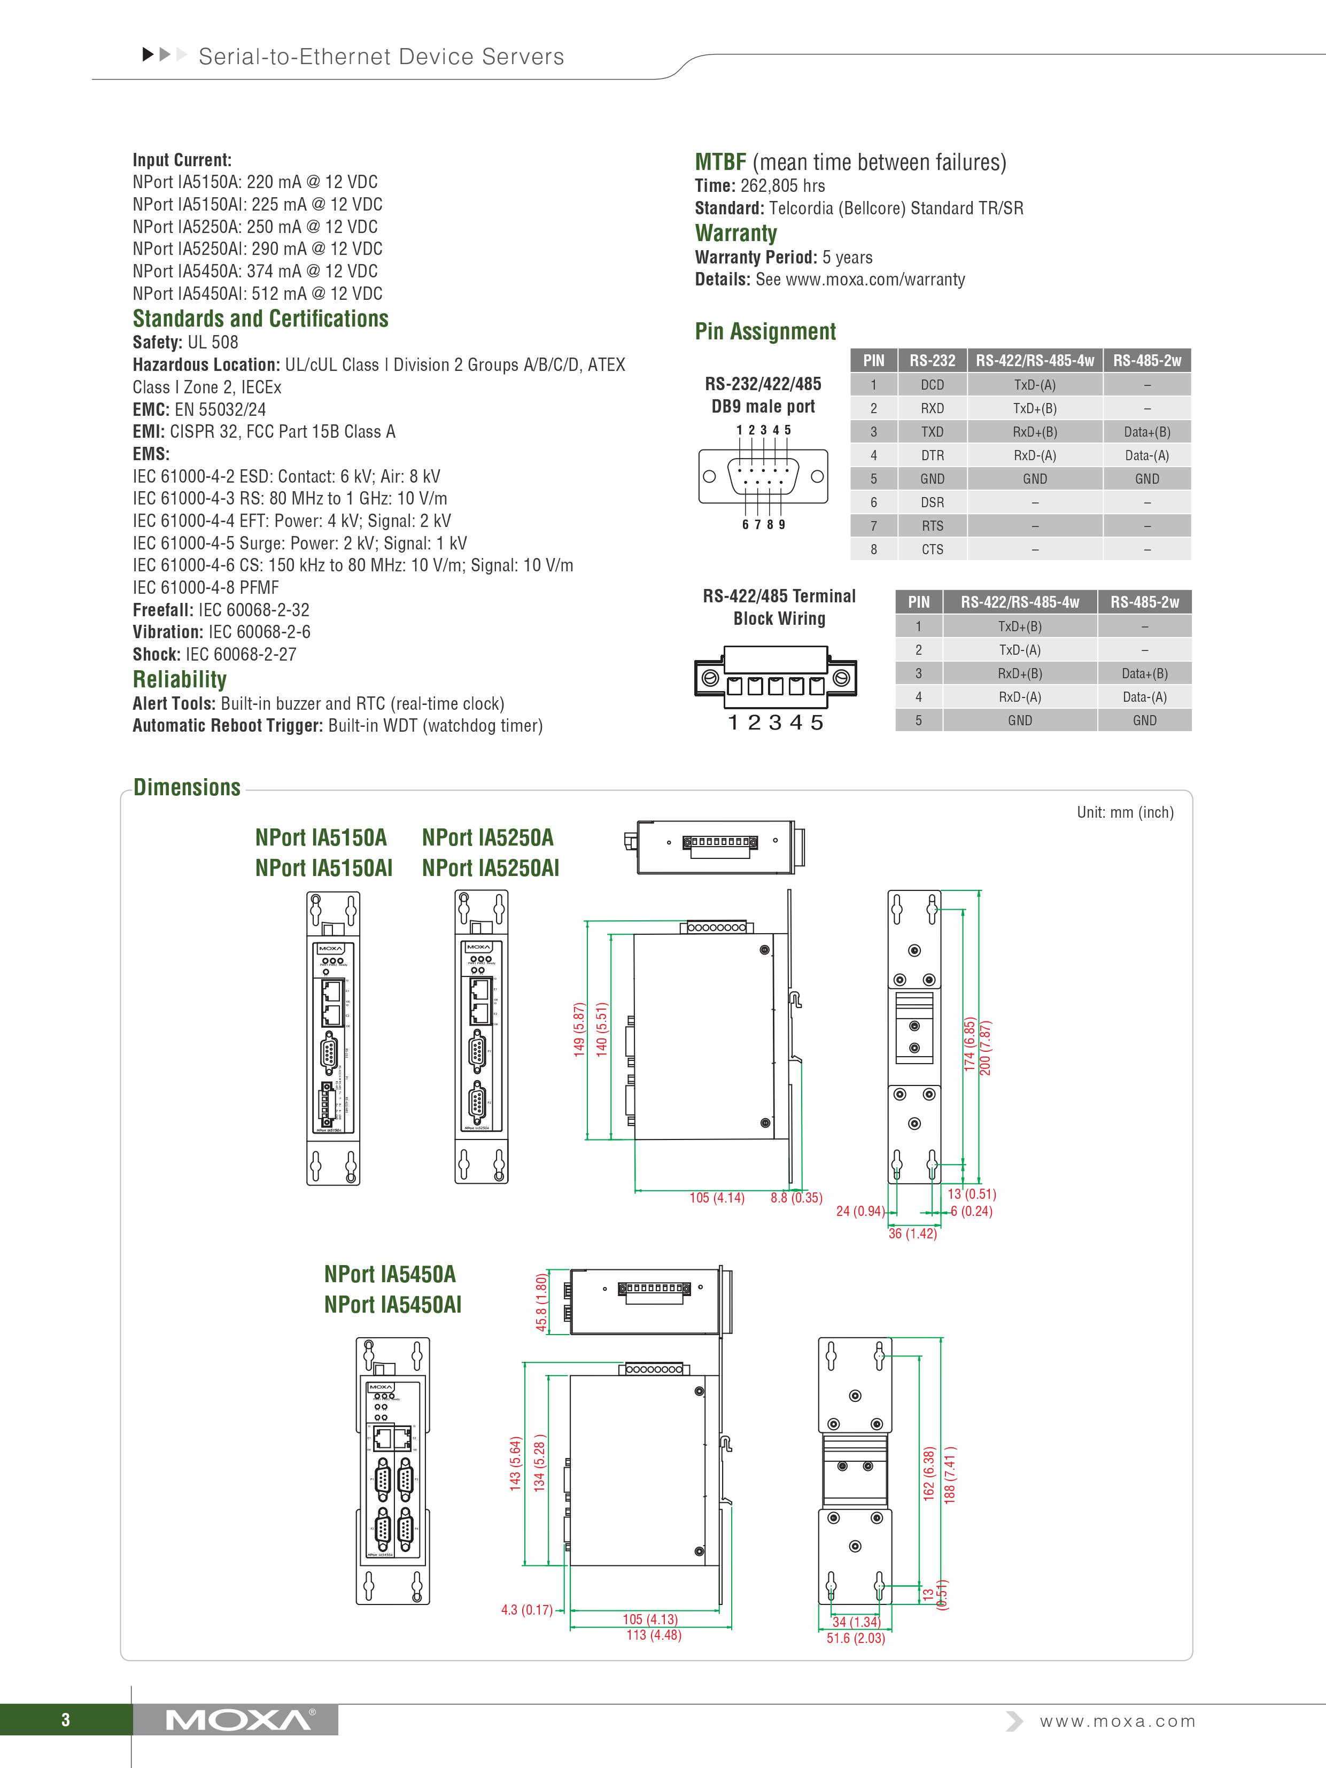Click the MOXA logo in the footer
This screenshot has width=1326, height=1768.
point(238,1719)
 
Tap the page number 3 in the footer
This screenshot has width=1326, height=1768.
point(66,1720)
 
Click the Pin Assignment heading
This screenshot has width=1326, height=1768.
point(765,332)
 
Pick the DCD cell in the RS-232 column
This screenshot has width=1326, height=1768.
point(932,384)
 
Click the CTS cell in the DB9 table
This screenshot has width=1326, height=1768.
point(932,549)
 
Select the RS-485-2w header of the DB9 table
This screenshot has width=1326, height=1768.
point(1146,360)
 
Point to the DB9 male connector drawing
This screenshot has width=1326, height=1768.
point(763,476)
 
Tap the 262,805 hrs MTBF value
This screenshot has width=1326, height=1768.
point(782,186)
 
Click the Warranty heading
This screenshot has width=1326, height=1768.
point(735,234)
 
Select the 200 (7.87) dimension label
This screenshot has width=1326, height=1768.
point(986,1047)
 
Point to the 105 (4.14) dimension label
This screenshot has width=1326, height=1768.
point(716,1197)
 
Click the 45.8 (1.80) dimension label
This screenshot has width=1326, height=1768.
point(541,1303)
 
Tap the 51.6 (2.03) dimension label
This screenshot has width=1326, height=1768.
point(855,1638)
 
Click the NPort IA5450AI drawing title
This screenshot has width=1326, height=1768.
point(392,1305)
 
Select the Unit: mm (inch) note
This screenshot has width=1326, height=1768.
point(1125,812)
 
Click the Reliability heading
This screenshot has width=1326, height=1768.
point(179,679)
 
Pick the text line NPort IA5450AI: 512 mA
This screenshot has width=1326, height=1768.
point(258,293)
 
